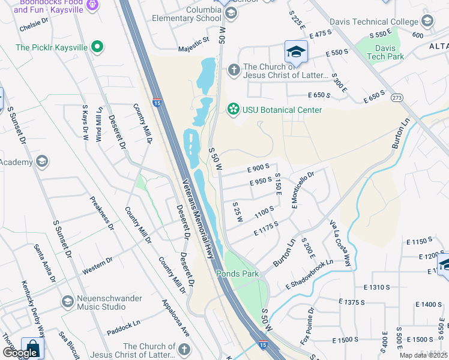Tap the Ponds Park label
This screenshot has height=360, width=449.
[237, 274]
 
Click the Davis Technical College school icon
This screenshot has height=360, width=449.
[427, 22]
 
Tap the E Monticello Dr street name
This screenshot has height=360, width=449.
[303, 191]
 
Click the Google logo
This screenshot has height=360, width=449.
[20, 353]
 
